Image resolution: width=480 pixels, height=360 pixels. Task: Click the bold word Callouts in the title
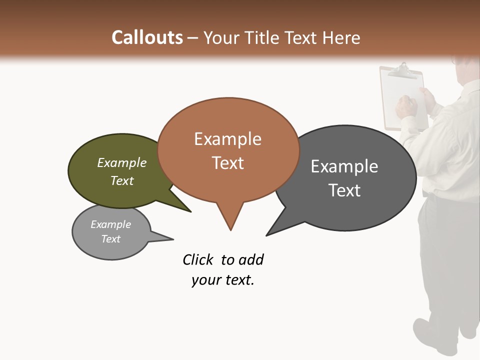147,37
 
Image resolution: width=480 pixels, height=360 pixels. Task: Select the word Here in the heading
341,37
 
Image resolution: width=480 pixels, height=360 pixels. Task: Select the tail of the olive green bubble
185,208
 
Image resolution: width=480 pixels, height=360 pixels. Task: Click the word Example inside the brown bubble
228,139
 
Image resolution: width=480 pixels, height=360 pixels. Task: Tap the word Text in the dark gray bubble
345,190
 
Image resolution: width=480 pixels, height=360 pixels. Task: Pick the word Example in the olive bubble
122,163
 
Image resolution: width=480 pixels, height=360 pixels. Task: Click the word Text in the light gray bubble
111,239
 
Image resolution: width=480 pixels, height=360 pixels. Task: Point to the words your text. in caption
223,280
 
